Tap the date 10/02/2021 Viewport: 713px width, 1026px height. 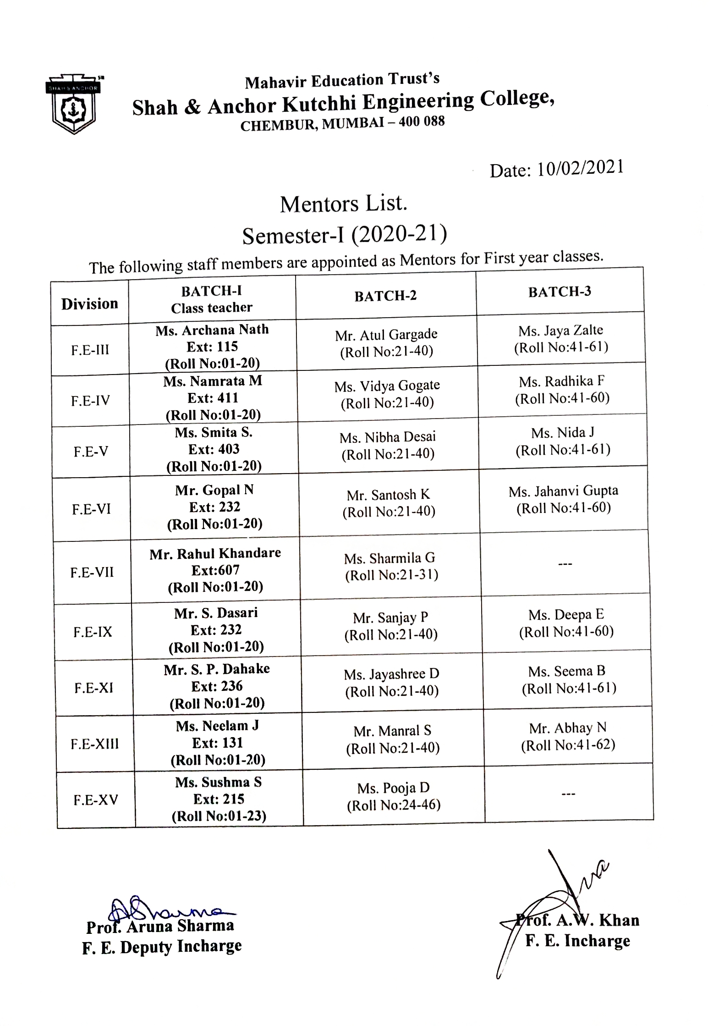click(x=580, y=169)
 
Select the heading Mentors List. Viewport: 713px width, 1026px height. click(x=343, y=204)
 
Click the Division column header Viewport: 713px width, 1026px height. click(x=90, y=303)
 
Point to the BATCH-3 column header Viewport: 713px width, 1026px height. click(x=559, y=292)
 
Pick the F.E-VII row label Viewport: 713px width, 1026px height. click(x=92, y=572)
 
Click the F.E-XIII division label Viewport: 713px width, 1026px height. click(x=95, y=744)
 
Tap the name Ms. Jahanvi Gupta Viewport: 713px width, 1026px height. click(x=563, y=491)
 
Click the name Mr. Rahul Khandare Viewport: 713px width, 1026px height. click(x=215, y=553)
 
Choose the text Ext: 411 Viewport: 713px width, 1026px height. click(x=213, y=397)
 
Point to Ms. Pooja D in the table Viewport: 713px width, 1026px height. click(x=393, y=788)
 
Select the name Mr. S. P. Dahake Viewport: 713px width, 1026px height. click(x=217, y=669)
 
